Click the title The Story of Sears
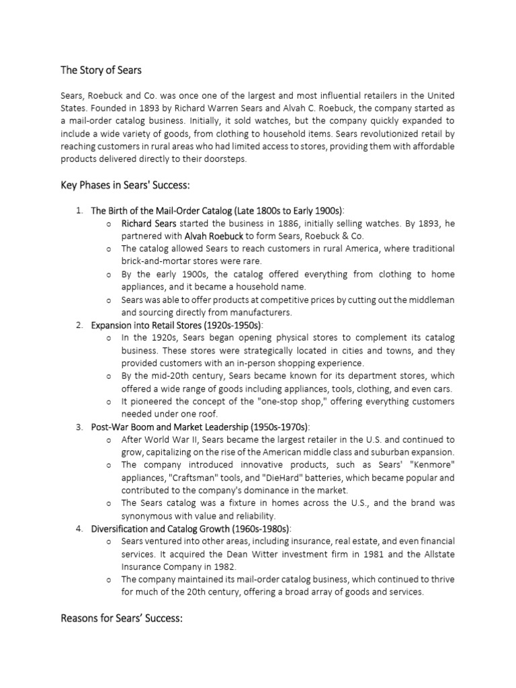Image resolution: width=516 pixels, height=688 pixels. [x=101, y=70]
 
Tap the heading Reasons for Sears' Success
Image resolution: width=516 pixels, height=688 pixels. [x=122, y=618]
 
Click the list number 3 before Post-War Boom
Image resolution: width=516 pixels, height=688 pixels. [x=79, y=427]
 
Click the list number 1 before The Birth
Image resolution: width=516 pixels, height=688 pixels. [x=79, y=210]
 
